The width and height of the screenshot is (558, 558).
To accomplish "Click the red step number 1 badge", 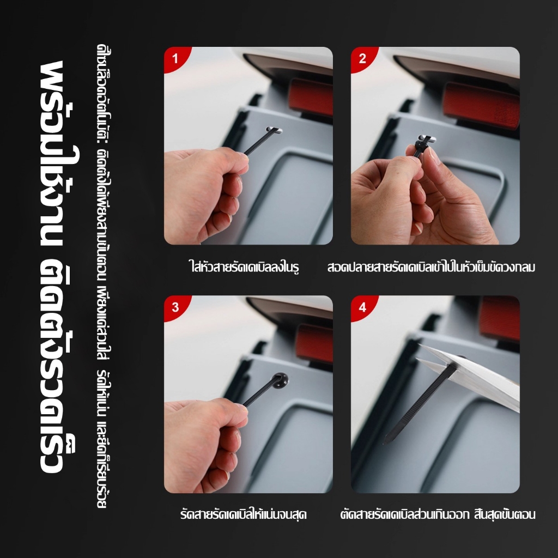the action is [174, 58].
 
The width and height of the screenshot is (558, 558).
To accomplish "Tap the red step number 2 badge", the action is [362, 58].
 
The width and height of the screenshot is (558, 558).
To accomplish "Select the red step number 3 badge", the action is [174, 307].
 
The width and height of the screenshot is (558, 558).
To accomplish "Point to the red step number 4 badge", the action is [362, 307].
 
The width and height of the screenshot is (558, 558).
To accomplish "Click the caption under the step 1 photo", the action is [244, 266].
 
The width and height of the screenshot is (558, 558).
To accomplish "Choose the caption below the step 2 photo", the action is [432, 267].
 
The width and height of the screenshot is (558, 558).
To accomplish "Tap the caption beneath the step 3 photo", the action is [244, 514].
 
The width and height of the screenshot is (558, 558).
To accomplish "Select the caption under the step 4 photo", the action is [438, 514].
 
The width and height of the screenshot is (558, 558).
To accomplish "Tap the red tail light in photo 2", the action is [482, 105].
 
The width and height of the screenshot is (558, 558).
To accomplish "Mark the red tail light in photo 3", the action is [314, 344].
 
